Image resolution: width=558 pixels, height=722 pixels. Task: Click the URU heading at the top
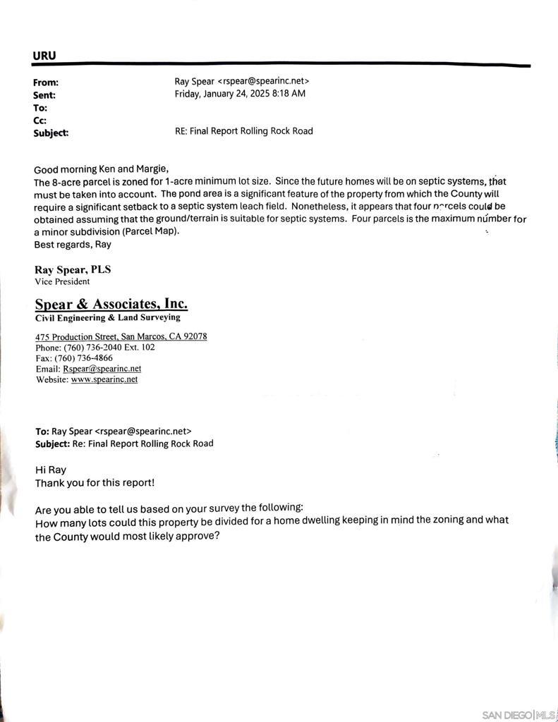pos(44,56)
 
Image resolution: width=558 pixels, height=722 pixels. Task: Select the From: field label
pos(46,82)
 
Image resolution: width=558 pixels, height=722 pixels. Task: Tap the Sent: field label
pos(44,94)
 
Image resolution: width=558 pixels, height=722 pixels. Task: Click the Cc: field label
pos(40,120)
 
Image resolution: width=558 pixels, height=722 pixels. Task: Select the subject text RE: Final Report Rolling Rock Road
pos(243,131)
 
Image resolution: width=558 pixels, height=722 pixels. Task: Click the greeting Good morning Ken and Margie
pos(101,169)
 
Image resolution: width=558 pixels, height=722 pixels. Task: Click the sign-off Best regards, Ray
pos(72,245)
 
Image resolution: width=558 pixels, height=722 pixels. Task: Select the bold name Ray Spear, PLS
pos(73,269)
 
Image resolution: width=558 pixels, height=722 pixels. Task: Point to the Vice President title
pos(62,281)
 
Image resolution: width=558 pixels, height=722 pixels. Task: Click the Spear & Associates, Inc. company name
pos(111,304)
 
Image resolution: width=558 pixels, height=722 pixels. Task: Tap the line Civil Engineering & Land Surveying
pos(108,317)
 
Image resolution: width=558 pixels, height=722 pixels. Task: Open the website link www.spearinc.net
pos(104,379)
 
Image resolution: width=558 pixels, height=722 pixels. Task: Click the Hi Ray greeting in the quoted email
pos(51,470)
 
